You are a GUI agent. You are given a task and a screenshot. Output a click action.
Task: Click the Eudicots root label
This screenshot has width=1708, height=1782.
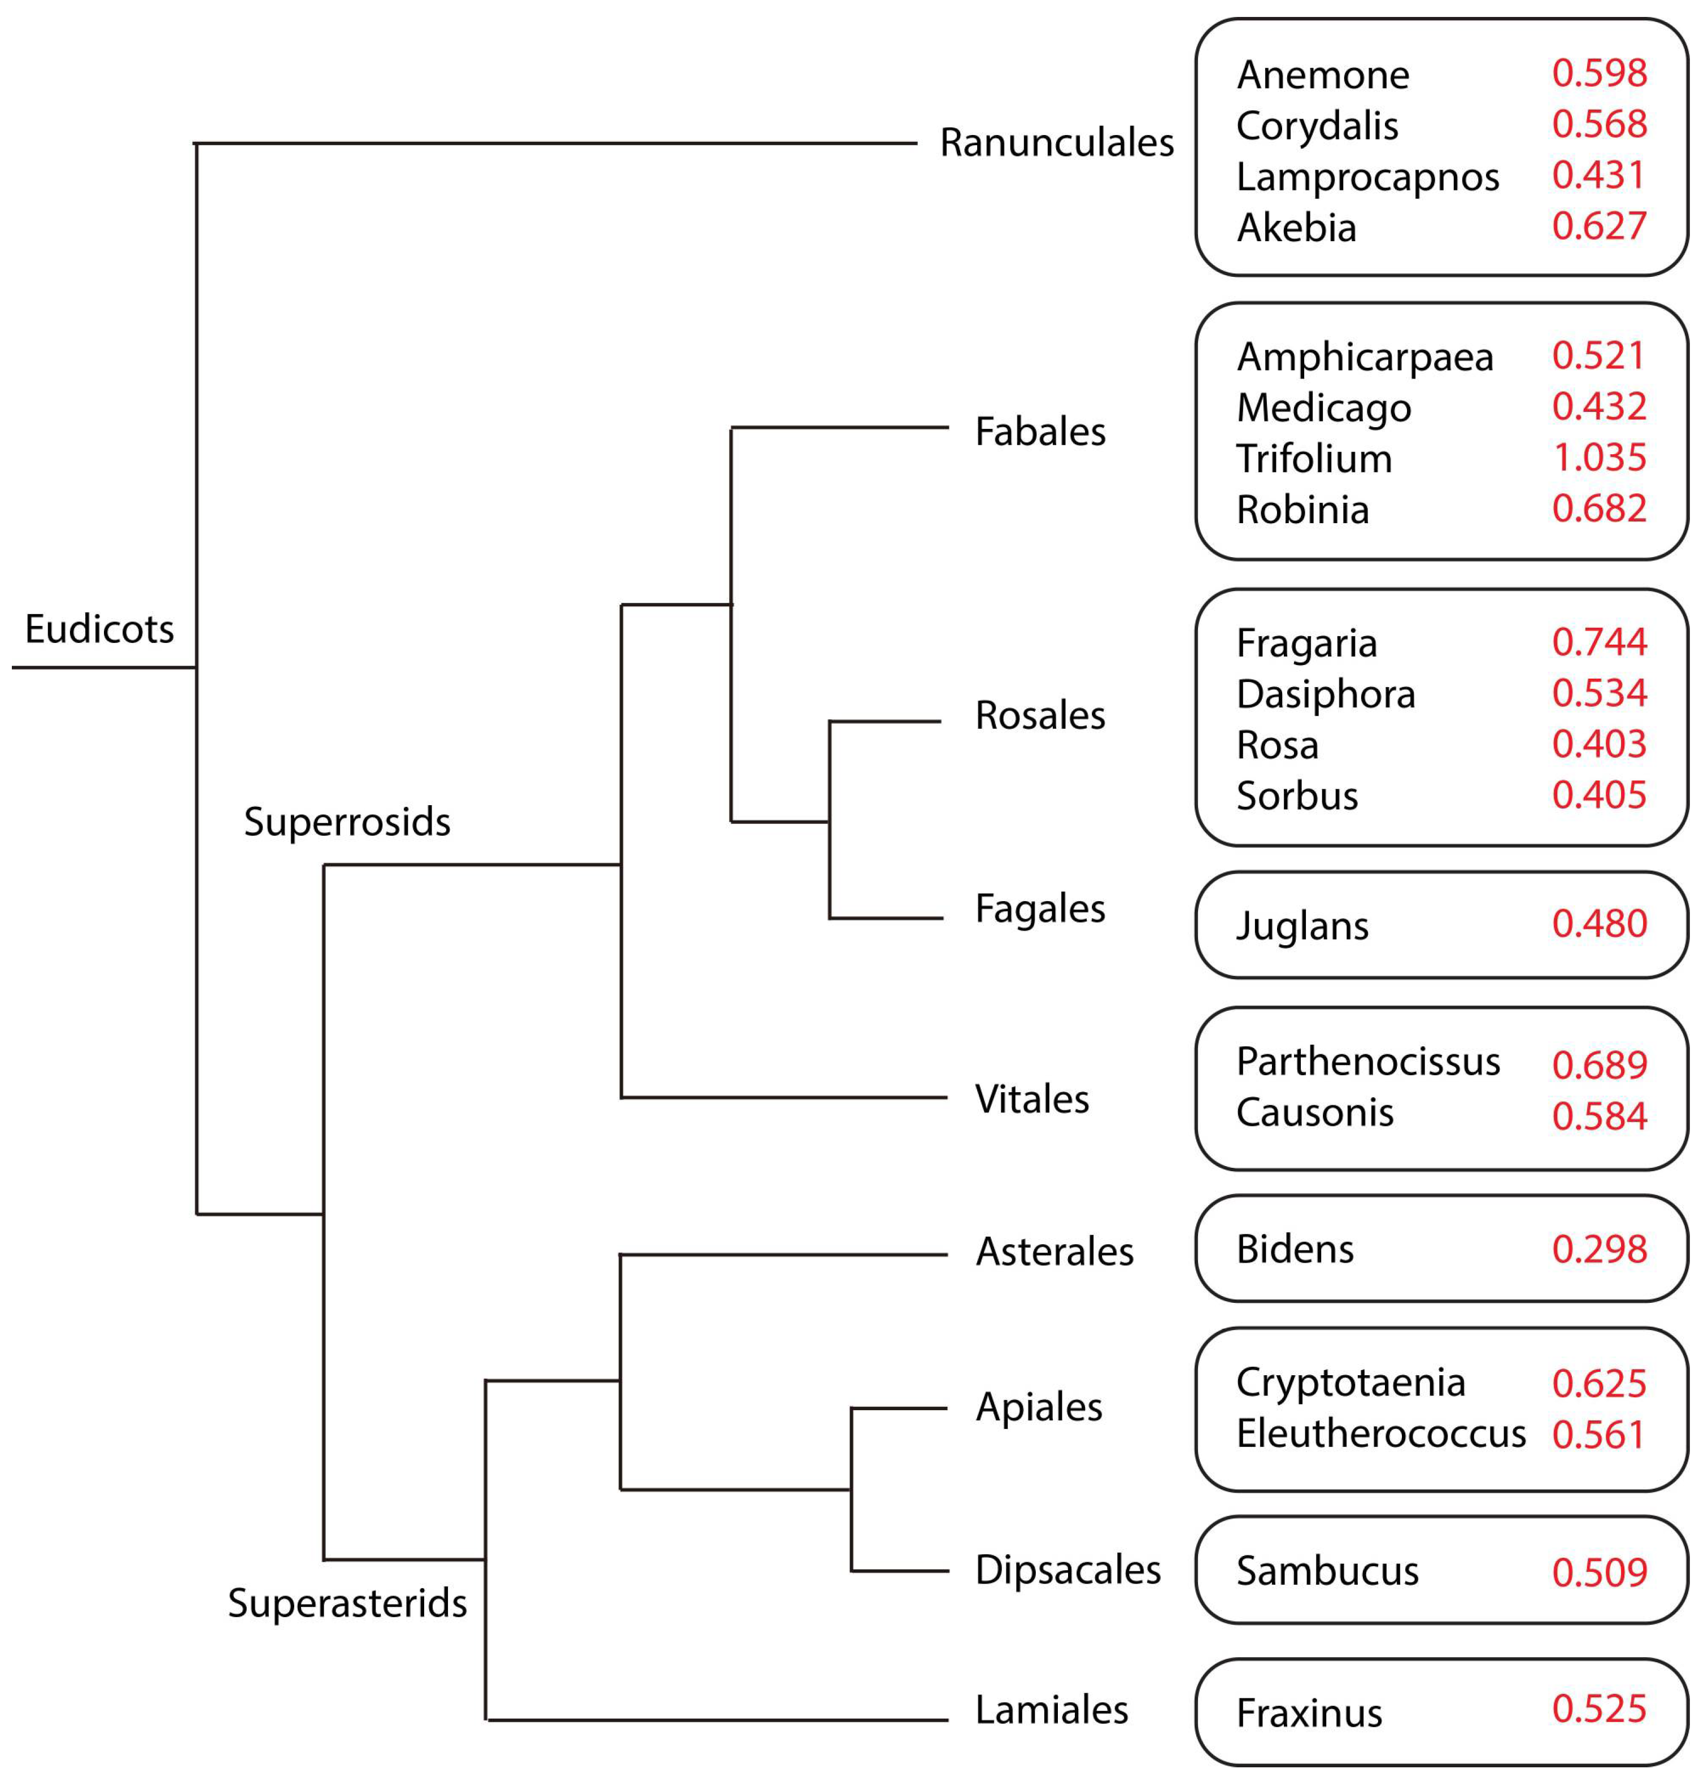coord(99,629)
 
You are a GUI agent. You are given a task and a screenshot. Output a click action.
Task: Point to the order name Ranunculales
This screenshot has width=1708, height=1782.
coord(1056,143)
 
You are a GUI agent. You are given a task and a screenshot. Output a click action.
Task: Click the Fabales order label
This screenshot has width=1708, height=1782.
coord(1040,432)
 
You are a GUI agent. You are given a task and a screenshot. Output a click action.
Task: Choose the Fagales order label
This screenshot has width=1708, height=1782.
coord(1040,909)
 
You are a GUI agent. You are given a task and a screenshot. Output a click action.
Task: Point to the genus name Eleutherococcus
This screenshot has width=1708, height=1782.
coord(1380,1434)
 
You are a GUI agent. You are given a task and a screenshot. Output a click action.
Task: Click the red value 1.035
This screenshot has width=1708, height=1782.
coord(1599,457)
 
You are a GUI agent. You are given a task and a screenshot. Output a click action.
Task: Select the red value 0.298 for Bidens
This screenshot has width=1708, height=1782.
coord(1599,1249)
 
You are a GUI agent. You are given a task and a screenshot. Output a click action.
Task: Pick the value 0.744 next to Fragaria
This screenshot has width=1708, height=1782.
coord(1599,642)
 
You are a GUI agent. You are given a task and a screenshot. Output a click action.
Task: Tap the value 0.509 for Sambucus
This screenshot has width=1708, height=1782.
coord(1599,1572)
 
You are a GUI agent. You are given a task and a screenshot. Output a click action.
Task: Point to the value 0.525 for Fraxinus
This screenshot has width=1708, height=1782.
coord(1599,1709)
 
